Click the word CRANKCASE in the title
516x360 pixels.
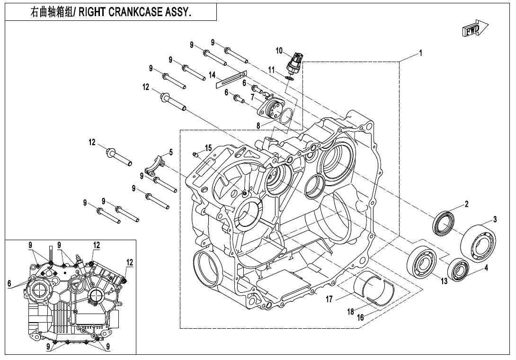coord(135,12)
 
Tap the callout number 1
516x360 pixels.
coord(420,53)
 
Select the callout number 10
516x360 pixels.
coord(279,50)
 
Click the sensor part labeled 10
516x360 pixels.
coord(297,62)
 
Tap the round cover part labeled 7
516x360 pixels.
coord(270,108)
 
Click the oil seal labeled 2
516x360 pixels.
coord(444,222)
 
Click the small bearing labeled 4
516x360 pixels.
coord(459,270)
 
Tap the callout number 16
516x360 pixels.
coord(360,317)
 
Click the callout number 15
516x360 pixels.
coord(208,147)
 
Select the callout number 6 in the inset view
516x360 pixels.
coord(9,283)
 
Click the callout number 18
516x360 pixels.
coord(351,311)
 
